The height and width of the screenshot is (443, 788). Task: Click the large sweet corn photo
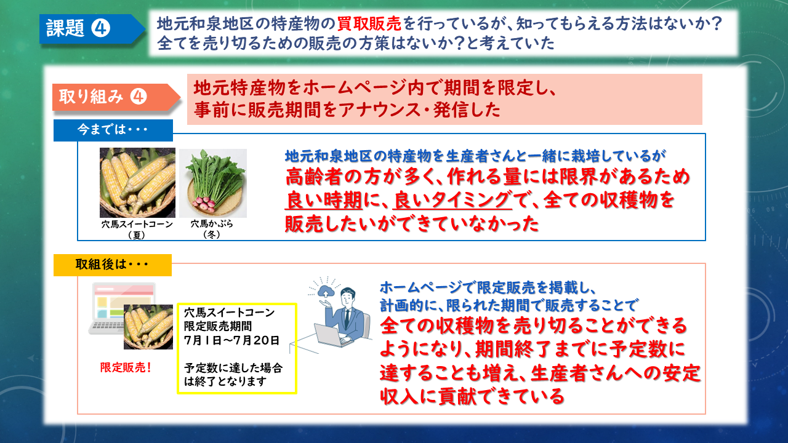click(x=137, y=183)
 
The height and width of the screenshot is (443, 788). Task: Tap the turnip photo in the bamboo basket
click(x=213, y=183)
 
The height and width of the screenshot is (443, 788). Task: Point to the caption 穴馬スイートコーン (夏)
click(x=137, y=229)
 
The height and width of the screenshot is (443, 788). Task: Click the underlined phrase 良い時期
click(x=323, y=201)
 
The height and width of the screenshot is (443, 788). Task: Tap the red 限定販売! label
click(x=126, y=367)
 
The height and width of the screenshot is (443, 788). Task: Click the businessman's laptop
click(x=335, y=334)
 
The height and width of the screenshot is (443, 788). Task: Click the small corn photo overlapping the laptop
click(x=148, y=327)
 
